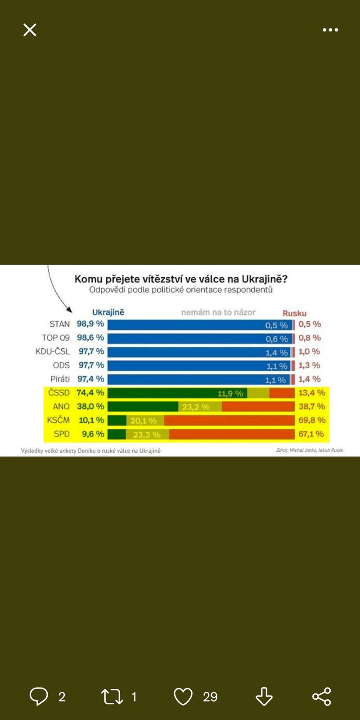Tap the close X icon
coord(30,30)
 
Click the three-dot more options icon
coord(330,30)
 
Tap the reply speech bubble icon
coord(39,696)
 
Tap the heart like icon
coord(183,697)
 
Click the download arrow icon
coord(264,697)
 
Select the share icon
coord(321,697)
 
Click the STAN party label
coord(59,324)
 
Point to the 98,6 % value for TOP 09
coord(90,337)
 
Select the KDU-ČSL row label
coord(53,351)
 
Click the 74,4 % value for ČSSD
coord(90,392)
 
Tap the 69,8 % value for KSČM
coord(311,420)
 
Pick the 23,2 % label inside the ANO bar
coord(196,407)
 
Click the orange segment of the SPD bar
coord(232,434)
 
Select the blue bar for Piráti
coord(184,379)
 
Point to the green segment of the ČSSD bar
coord(162,393)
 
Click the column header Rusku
coord(294,313)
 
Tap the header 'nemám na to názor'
coord(218,312)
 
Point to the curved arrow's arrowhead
coord(69,310)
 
